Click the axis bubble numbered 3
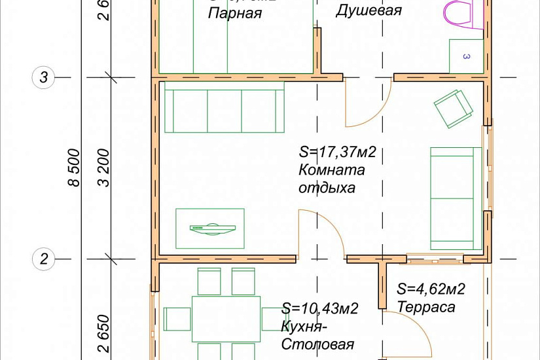(44, 78)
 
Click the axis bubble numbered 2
(44, 259)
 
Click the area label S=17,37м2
(337, 153)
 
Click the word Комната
(332, 170)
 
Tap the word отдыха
(327, 188)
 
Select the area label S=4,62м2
(431, 289)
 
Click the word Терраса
(425, 306)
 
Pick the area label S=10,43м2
(320, 309)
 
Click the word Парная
(235, 13)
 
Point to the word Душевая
(359, 10)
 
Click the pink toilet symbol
(458, 12)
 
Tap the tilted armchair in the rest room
(453, 107)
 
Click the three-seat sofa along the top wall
(225, 107)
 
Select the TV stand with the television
(210, 228)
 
